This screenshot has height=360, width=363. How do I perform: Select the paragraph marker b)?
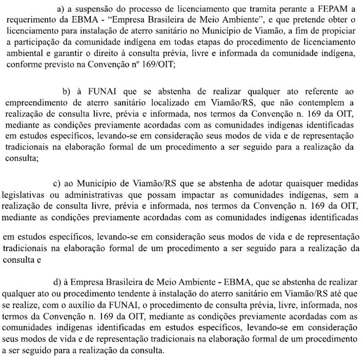67,92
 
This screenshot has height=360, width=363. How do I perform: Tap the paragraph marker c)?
58,183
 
